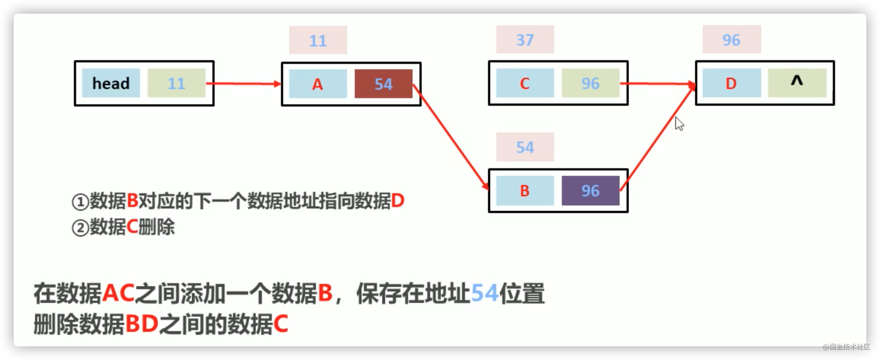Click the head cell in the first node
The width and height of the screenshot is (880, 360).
point(111,83)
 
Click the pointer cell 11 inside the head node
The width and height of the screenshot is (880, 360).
point(177,83)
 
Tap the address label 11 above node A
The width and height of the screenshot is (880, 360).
point(318,40)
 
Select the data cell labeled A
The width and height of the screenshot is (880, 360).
point(318,84)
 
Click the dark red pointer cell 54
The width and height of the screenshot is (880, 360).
point(383,84)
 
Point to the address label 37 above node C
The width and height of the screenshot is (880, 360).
point(525,39)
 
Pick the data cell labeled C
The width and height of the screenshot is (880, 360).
point(525,83)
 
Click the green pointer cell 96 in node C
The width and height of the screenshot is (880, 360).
point(590,83)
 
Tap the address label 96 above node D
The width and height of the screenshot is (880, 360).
point(732,39)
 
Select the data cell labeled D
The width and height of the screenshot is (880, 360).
point(732,83)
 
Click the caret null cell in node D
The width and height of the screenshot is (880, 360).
point(797,83)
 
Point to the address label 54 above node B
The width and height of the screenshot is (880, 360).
point(525,147)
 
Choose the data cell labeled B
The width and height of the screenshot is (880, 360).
point(525,190)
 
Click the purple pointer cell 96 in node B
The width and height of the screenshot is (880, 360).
point(590,190)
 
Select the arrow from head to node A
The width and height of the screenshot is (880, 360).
point(244,83)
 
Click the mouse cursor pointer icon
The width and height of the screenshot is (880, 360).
point(679,124)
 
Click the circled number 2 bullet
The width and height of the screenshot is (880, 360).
point(80,228)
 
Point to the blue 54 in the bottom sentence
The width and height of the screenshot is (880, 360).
point(485,293)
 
